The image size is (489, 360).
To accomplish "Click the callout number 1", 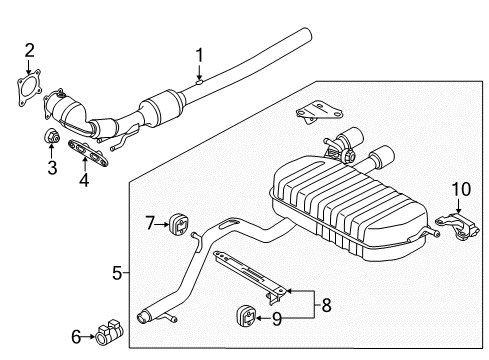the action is click(199, 55).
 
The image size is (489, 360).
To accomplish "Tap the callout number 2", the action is click(29, 51).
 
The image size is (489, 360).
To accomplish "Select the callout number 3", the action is click(52, 167).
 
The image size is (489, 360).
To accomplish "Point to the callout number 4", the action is click(84, 180).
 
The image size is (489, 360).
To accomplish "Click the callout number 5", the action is click(117, 273).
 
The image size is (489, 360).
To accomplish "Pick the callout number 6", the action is click(76, 337).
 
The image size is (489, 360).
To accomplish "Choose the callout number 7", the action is click(150, 223).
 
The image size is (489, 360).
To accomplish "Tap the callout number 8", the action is click(326, 305).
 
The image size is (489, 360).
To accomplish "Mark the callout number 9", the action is click(277, 319).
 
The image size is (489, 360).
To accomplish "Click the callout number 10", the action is click(461, 189).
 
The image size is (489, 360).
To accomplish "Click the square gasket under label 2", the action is click(29, 88).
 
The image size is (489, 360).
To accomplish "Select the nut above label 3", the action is click(52, 136).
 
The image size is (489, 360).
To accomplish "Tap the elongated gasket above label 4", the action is click(88, 153).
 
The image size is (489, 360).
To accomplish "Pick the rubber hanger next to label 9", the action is click(246, 316).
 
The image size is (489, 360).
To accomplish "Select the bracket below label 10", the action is click(458, 226).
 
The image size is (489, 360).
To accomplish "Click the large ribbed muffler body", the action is click(348, 208).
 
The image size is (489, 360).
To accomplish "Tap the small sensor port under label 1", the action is click(199, 81).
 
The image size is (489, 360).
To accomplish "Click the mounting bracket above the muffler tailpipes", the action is click(318, 112).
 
